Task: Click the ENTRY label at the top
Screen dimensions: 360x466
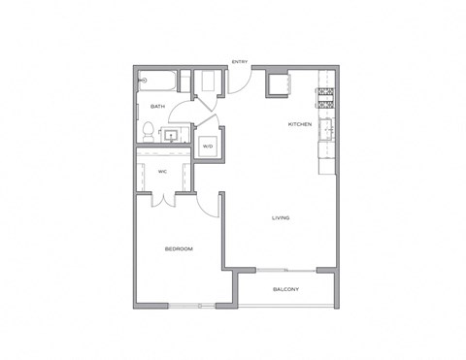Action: (x=239, y=64)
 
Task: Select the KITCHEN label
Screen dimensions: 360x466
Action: (x=299, y=126)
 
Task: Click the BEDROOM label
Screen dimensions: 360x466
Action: (x=179, y=249)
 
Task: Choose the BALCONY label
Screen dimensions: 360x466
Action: (x=285, y=289)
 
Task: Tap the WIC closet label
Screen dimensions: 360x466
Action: (x=164, y=172)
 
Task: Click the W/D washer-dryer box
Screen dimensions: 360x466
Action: (x=206, y=147)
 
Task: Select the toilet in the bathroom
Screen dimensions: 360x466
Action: (x=144, y=132)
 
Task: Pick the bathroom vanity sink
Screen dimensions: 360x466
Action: (x=175, y=135)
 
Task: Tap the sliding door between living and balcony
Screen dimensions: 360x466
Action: (x=285, y=268)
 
